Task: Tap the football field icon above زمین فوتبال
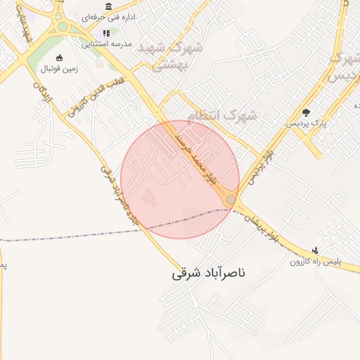point(59,58)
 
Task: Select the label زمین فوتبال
point(59,70)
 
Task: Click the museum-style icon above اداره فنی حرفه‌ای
point(108,7)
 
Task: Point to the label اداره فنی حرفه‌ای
point(108,17)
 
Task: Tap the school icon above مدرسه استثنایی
point(106,33)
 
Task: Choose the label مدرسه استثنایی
point(107,44)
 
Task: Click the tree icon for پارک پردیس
point(306,112)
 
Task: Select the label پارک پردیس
point(306,123)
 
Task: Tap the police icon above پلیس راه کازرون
point(316,250)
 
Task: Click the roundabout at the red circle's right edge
point(230,200)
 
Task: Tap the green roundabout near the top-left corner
point(63,27)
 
